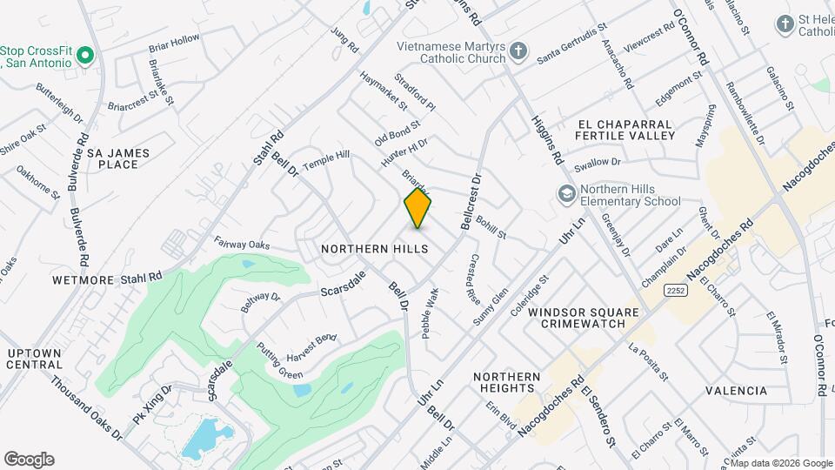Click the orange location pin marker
coord(417,208)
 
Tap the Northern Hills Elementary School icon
coord(566,192)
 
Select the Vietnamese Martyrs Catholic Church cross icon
coord(518,50)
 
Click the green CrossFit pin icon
coord(84,57)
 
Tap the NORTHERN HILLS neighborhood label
coord(374,249)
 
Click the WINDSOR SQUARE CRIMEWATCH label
coord(583,318)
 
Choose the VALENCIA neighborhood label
coord(736,391)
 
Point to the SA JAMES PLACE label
coord(118,158)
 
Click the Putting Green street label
coord(279,361)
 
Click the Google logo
coord(29,460)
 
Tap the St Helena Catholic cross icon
coord(785,23)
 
